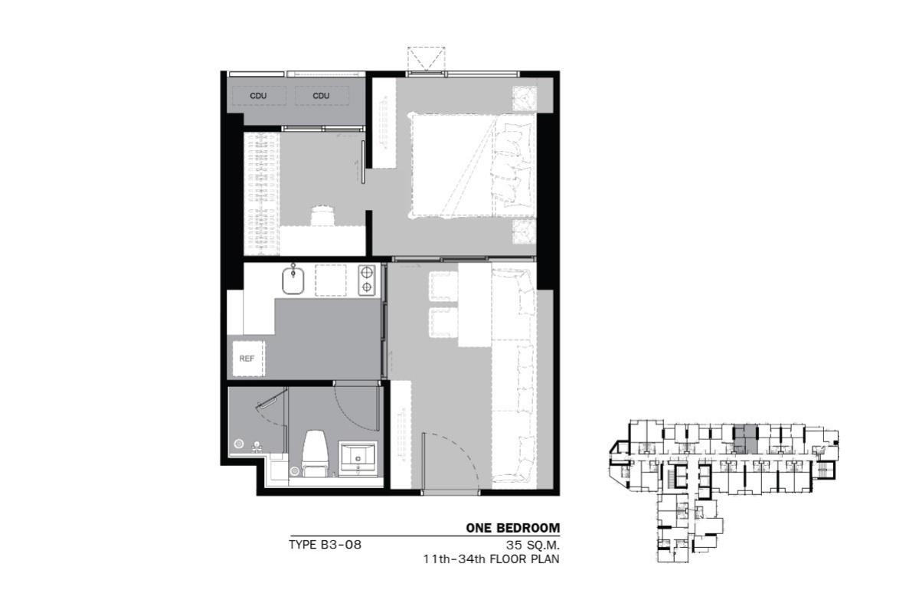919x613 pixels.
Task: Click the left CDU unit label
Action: pos(258,96)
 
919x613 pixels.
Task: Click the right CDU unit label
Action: pos(321,96)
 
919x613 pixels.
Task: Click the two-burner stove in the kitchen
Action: pos(367,280)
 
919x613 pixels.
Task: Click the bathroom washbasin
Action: pos(357,458)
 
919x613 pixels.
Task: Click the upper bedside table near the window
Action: pos(525,98)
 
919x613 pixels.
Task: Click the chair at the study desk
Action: pos(322,215)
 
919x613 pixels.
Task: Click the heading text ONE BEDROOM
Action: pos(513,528)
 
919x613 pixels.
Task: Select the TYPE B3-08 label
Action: pos(325,545)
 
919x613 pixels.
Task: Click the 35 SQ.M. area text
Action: pos(533,546)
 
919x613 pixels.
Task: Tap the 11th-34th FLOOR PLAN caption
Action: pos(492,559)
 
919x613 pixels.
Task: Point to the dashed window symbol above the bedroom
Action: pos(426,60)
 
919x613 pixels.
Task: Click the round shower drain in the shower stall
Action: pos(239,444)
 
